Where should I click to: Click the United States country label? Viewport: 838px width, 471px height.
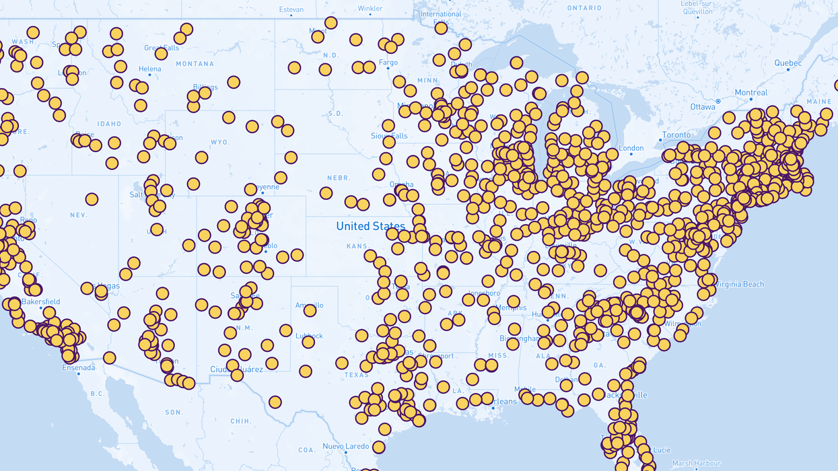(370, 226)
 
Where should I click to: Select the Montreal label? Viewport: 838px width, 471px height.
(750, 93)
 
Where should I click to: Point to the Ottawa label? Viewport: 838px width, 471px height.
(703, 107)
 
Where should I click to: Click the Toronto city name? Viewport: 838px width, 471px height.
(676, 135)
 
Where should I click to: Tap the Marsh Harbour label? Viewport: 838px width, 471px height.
(696, 463)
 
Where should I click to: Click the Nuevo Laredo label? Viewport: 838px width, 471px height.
(345, 446)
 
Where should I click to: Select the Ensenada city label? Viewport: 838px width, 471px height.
(79, 367)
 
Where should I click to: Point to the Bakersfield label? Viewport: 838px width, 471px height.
(40, 301)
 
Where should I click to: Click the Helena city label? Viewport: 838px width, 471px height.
(149, 69)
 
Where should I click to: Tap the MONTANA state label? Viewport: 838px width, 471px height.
(195, 64)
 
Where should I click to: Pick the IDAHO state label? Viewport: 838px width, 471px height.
(108, 124)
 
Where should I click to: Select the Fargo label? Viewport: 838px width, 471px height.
(388, 63)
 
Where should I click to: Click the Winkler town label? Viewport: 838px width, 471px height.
(370, 9)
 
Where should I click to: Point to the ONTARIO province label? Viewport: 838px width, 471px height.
(584, 7)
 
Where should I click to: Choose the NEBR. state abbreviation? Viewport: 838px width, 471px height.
(339, 178)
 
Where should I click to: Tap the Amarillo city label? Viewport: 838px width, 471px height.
(309, 305)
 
